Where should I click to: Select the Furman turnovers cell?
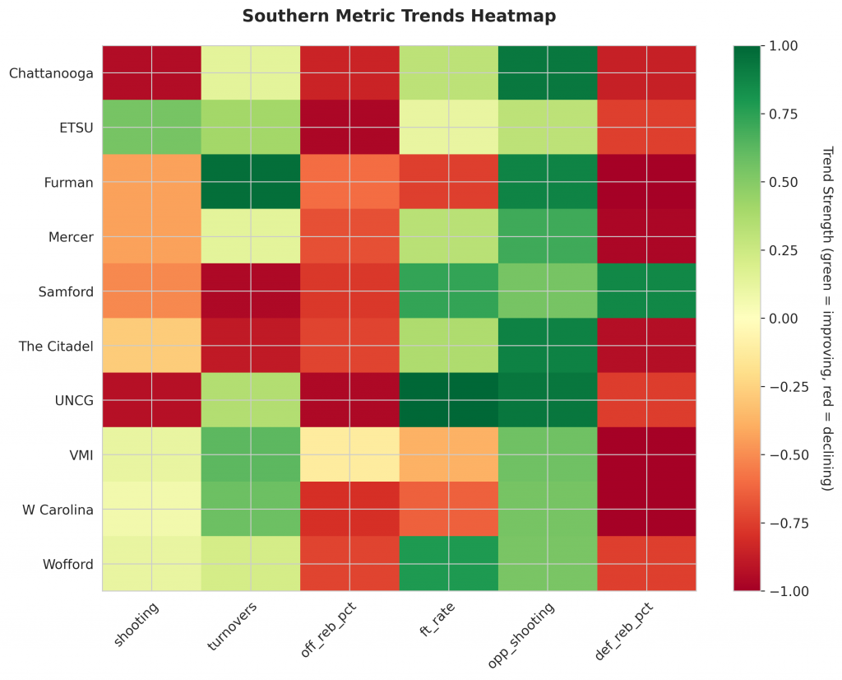click(251, 182)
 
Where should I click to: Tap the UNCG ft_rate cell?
click(448, 400)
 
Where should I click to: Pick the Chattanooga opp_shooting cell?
click(548, 73)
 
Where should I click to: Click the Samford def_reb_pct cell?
click(646, 291)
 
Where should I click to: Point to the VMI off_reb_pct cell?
click(349, 454)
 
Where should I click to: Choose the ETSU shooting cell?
click(152, 128)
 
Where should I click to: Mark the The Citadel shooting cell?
click(152, 346)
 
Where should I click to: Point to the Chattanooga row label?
click(50, 73)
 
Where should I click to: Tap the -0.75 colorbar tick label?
click(775, 523)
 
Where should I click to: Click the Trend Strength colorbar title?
click(827, 319)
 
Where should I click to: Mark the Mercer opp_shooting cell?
click(548, 237)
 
